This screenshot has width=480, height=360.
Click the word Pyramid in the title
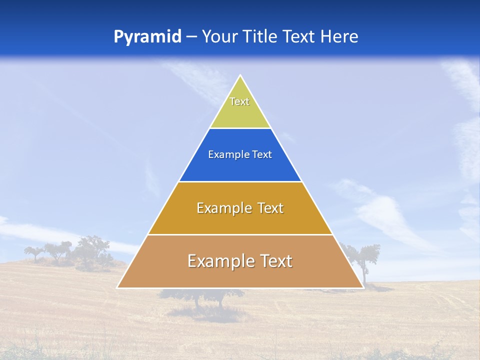147,37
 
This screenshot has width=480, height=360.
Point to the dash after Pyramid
191,37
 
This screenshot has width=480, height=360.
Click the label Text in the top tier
239,101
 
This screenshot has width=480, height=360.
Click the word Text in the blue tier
262,155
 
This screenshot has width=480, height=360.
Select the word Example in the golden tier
222,208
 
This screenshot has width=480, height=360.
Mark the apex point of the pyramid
240,76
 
